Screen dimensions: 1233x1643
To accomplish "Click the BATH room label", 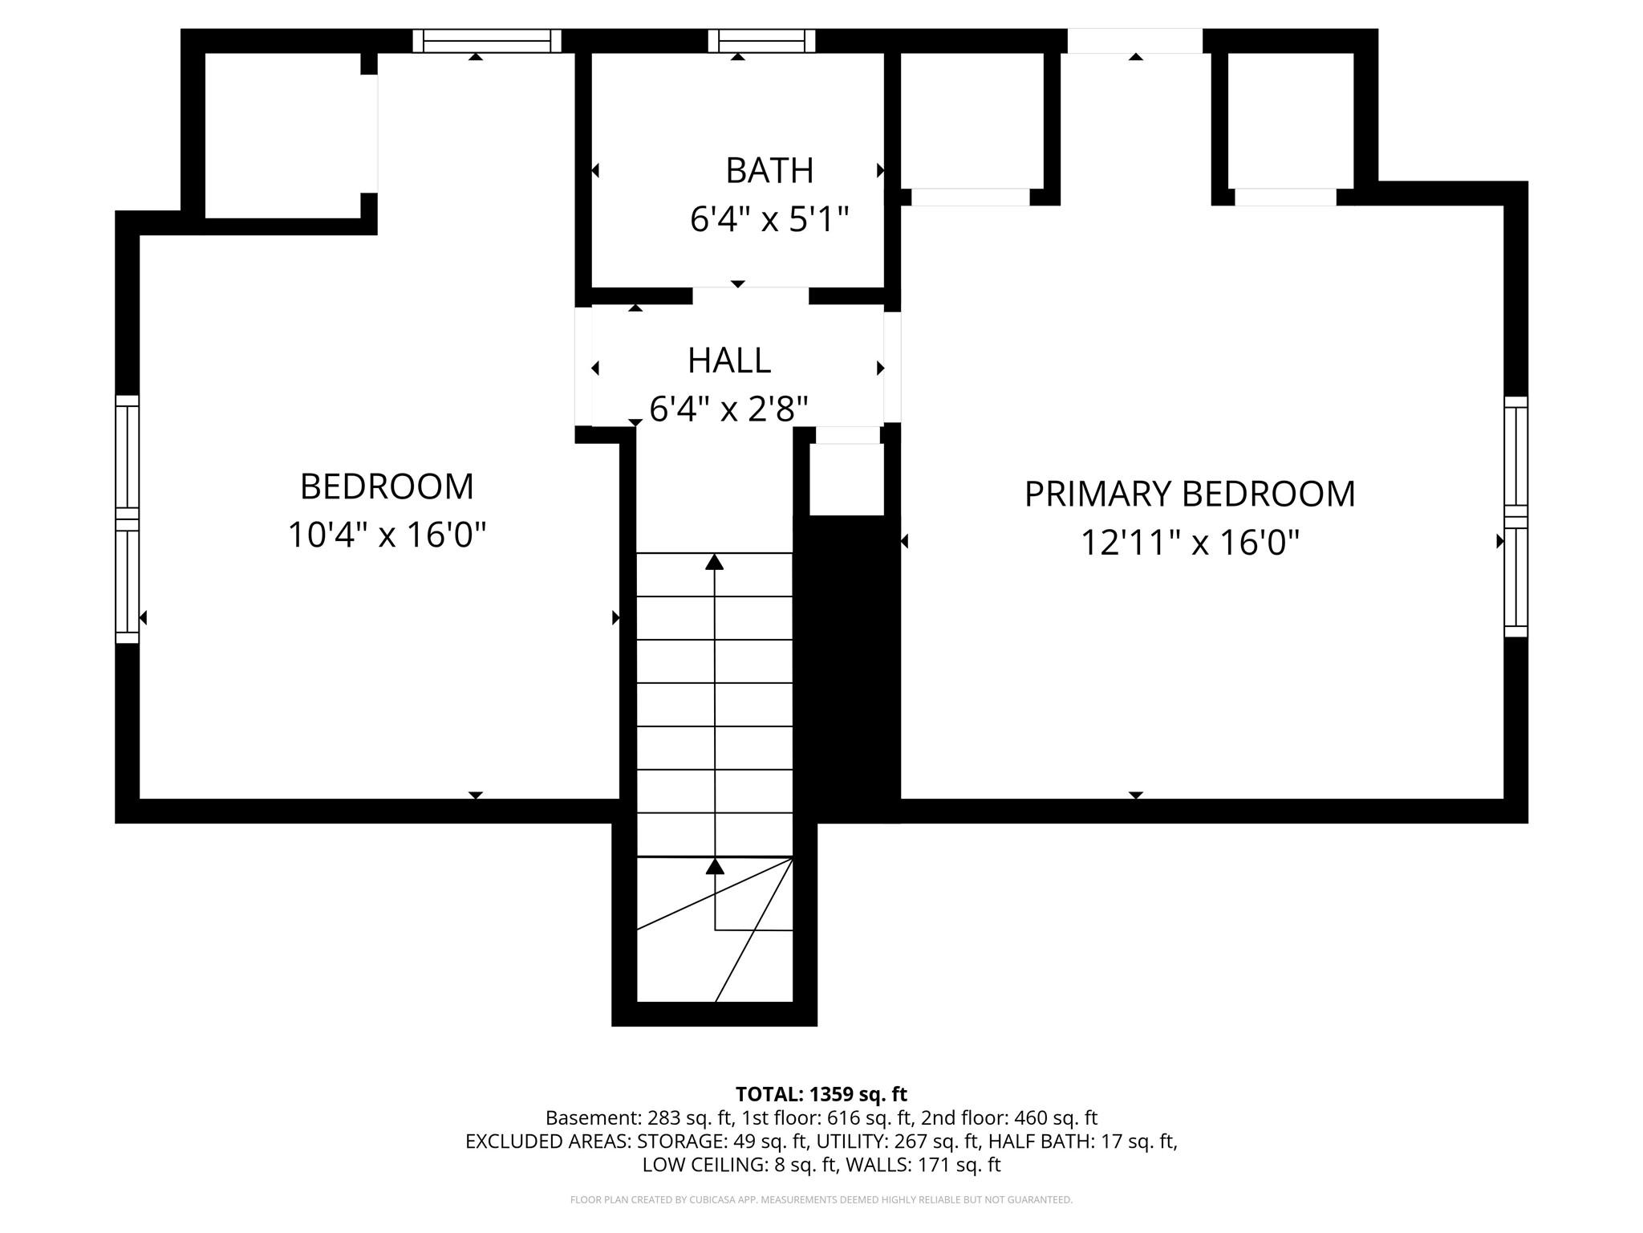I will click(769, 171).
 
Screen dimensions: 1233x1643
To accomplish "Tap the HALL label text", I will click(728, 361).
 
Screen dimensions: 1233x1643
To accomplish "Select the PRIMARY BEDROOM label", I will click(1189, 494).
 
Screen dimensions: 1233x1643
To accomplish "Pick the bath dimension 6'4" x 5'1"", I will click(769, 219).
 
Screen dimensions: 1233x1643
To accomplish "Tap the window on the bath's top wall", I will click(761, 41).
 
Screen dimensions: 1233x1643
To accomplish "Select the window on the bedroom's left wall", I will click(128, 519).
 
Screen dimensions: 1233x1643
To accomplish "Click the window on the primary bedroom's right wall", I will click(1515, 516).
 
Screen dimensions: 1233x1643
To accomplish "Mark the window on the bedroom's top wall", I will click(487, 41).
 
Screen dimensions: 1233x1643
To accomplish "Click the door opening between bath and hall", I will click(750, 295).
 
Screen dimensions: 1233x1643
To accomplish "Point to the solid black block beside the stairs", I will click(846, 666).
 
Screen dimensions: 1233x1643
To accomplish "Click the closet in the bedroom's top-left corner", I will click(282, 135).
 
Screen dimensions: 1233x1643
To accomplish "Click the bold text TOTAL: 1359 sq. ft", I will click(821, 1094).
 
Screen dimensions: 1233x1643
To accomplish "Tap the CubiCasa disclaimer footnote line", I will click(821, 1200).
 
